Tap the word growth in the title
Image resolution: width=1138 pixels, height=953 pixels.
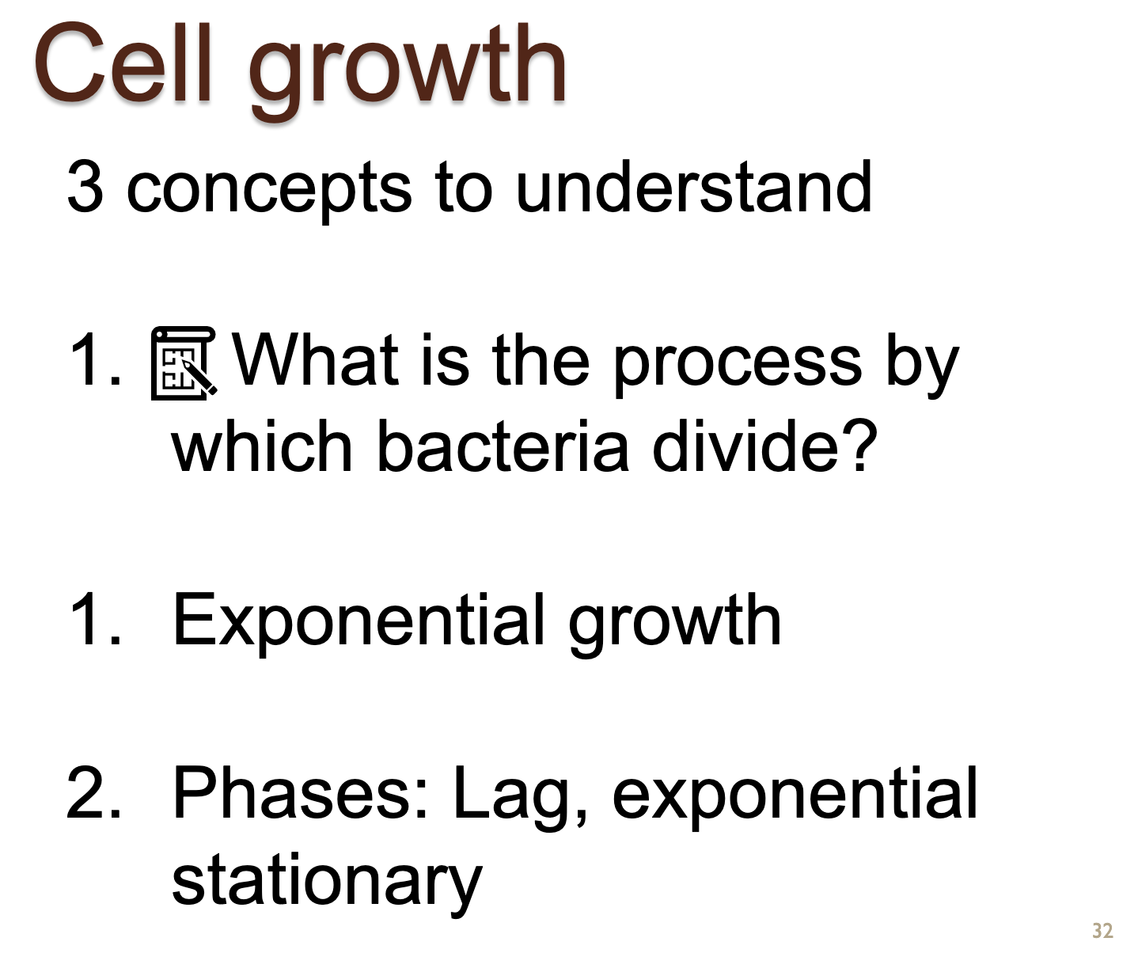pyautogui.click(x=408, y=71)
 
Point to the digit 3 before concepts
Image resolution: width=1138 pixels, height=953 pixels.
pyautogui.click(x=85, y=187)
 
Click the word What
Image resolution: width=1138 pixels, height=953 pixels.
pyautogui.click(x=316, y=359)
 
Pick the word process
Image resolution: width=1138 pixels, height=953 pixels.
pyautogui.click(x=738, y=367)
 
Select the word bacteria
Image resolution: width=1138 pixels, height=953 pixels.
pyautogui.click(x=503, y=445)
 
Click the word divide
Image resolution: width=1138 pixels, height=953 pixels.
pyautogui.click(x=745, y=445)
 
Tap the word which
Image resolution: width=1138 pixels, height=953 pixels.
pyautogui.click(x=262, y=445)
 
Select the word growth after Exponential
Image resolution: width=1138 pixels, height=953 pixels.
pyautogui.click(x=675, y=625)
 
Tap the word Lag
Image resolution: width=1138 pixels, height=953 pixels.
pyautogui.click(x=520, y=798)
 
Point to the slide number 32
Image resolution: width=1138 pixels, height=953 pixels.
pyautogui.click(x=1102, y=931)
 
